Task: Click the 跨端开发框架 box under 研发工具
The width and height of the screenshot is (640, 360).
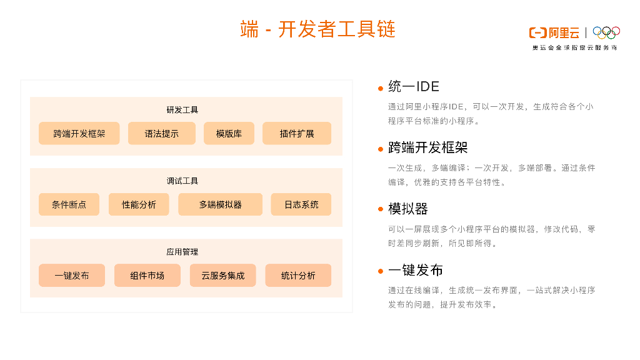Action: coord(79,133)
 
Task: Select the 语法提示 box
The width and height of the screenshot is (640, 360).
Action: coord(161,133)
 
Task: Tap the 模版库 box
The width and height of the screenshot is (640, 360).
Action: coord(229,133)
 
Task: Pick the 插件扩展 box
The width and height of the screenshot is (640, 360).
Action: coord(297,133)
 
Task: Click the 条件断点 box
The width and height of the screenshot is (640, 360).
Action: coord(69,204)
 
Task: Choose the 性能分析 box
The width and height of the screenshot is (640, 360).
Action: coord(139,204)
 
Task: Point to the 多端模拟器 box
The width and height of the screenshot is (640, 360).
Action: coord(220,204)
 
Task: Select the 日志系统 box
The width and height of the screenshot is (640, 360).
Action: coord(301,204)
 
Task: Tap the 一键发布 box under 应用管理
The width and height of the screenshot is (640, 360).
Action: coord(72,276)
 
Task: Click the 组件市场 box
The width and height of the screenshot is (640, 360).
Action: coord(147,276)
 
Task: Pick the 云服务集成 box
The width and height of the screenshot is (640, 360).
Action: coord(223,276)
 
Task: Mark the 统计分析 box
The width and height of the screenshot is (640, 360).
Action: coord(298,276)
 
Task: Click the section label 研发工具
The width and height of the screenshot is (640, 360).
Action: coord(182,110)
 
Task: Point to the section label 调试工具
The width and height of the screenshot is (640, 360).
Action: coord(182,181)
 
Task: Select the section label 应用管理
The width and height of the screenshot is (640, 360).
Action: coord(182,252)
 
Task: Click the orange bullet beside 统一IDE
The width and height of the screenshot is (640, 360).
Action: coord(380,88)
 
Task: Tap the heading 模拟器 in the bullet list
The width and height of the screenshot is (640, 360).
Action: coord(407,209)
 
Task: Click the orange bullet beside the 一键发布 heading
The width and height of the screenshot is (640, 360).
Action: coord(380,271)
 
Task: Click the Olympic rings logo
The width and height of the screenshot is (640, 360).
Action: coord(606,32)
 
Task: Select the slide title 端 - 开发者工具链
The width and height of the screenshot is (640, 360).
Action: coord(318,29)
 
